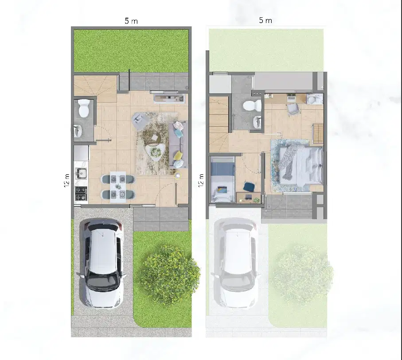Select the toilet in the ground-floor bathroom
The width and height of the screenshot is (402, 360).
click(84, 108)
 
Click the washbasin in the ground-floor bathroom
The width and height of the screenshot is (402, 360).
click(78, 131)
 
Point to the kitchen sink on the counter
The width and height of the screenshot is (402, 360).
click(81, 174)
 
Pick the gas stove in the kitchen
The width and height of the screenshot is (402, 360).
click(81, 194)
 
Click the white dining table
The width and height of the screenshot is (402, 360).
click(118, 187)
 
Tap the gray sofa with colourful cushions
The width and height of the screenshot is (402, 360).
click(178, 144)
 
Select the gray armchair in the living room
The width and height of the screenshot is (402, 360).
click(140, 121)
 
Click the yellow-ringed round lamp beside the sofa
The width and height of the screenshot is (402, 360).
click(178, 175)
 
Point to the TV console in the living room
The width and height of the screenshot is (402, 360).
click(169, 98)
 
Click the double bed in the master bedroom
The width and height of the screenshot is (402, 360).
click(300, 165)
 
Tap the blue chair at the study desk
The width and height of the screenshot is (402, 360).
click(249, 186)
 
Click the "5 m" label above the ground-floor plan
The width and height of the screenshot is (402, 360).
click(131, 21)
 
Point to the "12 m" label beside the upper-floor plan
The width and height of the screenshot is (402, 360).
click(201, 180)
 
